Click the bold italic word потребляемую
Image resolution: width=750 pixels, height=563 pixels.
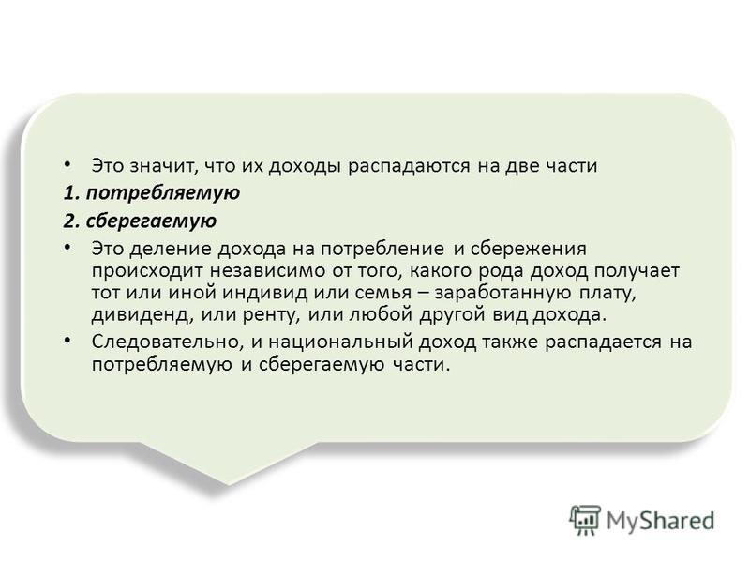(163, 193)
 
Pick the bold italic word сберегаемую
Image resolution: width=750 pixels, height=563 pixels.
(152, 221)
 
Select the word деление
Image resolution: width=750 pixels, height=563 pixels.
(171, 249)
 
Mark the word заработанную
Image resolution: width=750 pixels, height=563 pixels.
(502, 294)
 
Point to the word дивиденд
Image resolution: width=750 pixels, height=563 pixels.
(143, 315)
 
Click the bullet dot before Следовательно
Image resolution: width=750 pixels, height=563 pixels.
(67, 341)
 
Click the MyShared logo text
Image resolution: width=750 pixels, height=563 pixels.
(661, 522)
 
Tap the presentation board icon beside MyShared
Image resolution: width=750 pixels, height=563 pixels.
(585, 520)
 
